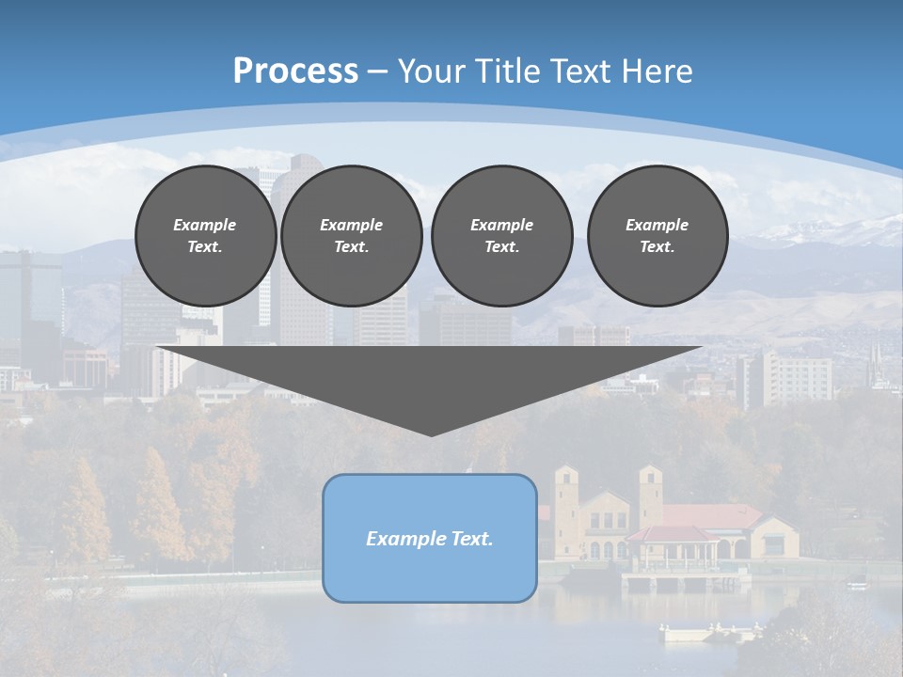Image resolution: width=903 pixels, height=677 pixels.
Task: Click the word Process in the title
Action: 295,71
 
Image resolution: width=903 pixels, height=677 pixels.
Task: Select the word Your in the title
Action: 430,71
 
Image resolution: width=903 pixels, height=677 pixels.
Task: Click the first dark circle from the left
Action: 205,235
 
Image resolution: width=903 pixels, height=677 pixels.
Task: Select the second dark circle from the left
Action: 352,235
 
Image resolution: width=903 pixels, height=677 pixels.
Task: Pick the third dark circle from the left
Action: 501,235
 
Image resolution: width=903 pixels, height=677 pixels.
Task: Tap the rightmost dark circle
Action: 657,235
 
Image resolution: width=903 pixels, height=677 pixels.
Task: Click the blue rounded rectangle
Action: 430,538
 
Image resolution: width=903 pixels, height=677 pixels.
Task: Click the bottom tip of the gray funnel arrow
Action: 431,433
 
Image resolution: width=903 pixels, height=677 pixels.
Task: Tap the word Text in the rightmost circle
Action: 657,247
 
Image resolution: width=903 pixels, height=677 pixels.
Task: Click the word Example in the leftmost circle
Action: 205,225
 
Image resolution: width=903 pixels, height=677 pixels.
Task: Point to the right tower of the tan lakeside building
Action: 651,494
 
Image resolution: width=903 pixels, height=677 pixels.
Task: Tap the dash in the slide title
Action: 377,71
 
